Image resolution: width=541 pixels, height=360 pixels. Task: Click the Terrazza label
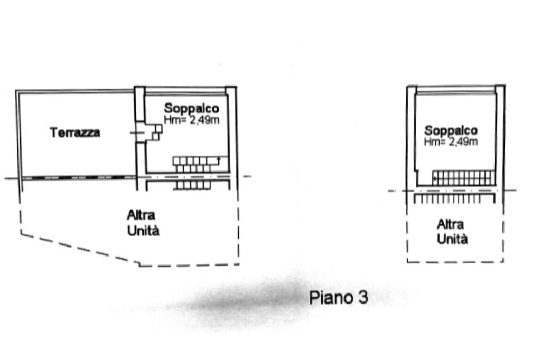click(75, 132)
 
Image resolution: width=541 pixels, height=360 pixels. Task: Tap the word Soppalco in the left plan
click(191, 108)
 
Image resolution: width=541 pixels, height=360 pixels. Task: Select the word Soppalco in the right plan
click(451, 130)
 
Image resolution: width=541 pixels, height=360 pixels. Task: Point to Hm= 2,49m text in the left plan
click(191, 120)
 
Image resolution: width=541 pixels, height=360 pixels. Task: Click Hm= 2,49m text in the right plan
click(451, 141)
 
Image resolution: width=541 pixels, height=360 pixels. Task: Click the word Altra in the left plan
click(141, 215)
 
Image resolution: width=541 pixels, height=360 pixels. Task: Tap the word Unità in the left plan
click(143, 230)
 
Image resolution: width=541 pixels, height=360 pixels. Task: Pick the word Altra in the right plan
click(450, 224)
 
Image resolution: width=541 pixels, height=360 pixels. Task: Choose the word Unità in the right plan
click(452, 239)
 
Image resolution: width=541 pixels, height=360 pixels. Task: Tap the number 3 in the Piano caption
click(363, 297)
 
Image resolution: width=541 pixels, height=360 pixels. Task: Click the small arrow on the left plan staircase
click(218, 160)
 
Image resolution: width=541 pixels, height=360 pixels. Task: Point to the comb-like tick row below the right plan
click(454, 198)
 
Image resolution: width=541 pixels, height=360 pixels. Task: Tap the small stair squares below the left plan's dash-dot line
click(193, 185)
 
